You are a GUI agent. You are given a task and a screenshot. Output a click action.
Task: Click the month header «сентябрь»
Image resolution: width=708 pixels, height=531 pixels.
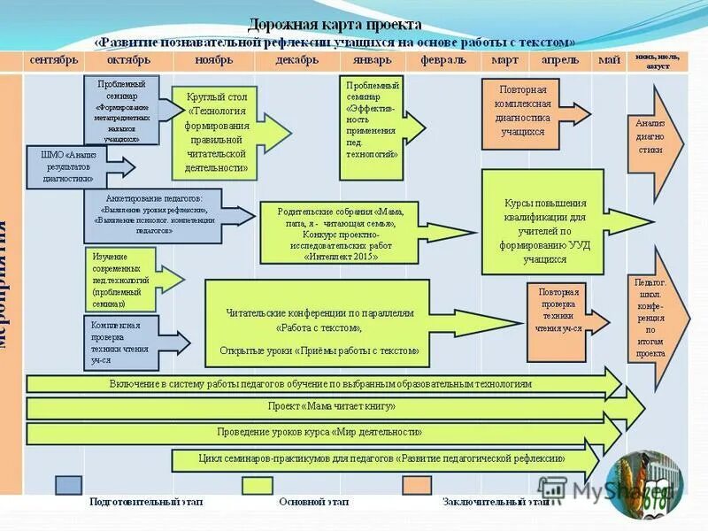pos(54,60)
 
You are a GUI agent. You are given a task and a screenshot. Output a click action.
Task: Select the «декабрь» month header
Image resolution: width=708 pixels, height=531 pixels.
pos(296,60)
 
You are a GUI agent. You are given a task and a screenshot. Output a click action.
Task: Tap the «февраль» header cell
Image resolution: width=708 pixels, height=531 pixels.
pos(443,60)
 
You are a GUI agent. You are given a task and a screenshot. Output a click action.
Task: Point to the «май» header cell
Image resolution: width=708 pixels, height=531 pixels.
pos(608,60)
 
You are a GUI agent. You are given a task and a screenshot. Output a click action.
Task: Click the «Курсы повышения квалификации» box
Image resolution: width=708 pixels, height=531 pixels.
pos(543,223)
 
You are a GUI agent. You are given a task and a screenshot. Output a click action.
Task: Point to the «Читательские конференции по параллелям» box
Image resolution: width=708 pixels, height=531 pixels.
pos(317,324)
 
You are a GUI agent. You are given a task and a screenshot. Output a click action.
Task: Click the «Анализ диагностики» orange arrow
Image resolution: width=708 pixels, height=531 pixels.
pos(651,137)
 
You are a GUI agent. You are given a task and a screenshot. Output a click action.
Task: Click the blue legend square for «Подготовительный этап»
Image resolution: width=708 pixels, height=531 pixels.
pos(69,485)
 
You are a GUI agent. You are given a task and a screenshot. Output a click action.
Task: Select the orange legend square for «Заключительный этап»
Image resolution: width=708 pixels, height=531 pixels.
pos(417,485)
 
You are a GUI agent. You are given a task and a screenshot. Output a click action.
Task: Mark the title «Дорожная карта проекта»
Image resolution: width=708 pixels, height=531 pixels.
pos(334,24)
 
